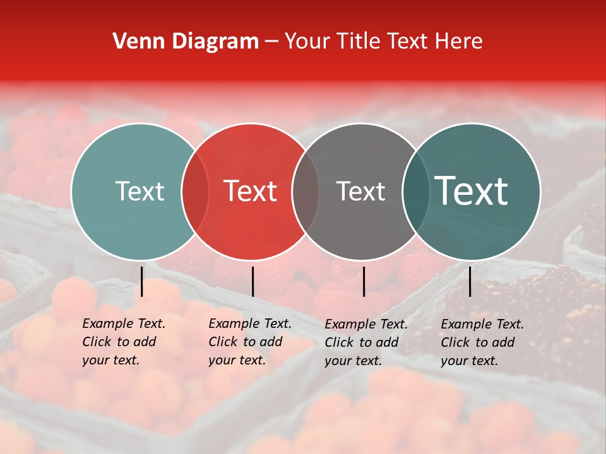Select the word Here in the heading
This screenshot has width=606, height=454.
pyautogui.click(x=459, y=42)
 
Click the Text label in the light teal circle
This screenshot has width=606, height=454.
pyautogui.click(x=140, y=191)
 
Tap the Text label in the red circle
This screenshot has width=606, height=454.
pyautogui.click(x=251, y=191)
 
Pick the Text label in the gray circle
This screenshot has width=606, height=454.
pyautogui.click(x=360, y=191)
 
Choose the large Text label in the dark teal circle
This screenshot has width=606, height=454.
pyautogui.click(x=472, y=191)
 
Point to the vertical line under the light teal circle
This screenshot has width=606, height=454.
pyautogui.click(x=142, y=281)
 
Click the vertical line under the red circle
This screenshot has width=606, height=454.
pyautogui.click(x=252, y=281)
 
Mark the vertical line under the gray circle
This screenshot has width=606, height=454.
pyautogui.click(x=364, y=281)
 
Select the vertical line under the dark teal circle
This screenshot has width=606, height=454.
pyautogui.click(x=470, y=281)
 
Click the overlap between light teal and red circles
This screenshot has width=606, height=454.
pyautogui.click(x=195, y=191)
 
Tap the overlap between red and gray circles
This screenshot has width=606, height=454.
pyautogui.click(x=306, y=191)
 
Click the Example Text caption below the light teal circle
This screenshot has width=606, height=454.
pyautogui.click(x=124, y=342)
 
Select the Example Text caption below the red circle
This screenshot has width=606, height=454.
pyautogui.click(x=250, y=342)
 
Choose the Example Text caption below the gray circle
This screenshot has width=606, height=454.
pyautogui.click(x=366, y=342)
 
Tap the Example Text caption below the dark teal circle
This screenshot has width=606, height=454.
pyautogui.click(x=482, y=342)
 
